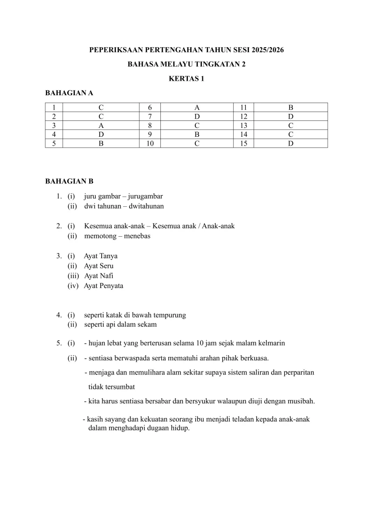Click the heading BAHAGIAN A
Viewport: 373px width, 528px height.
pyautogui.click(x=69, y=93)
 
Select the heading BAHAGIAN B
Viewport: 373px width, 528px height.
pyautogui.click(x=69, y=181)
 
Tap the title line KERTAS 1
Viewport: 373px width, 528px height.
pyautogui.click(x=186, y=79)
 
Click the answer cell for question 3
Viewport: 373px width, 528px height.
pyautogui.click(x=101, y=125)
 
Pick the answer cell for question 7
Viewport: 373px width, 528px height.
pyautogui.click(x=197, y=116)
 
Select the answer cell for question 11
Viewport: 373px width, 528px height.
pyautogui.click(x=290, y=107)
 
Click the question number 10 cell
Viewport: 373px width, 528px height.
pyautogui.click(x=150, y=143)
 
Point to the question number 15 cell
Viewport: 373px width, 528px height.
pyautogui.click(x=244, y=143)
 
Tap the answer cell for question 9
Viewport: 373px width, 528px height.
pyautogui.click(x=197, y=134)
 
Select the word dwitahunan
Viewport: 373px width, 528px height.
pyautogui.click(x=145, y=206)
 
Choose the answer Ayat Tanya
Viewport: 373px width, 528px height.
pyautogui.click(x=101, y=256)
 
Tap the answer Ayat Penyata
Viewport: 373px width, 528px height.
pyautogui.click(x=104, y=286)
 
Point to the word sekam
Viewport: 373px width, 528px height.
pyautogui.click(x=148, y=324)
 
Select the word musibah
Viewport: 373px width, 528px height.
pyautogui.click(x=301, y=401)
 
